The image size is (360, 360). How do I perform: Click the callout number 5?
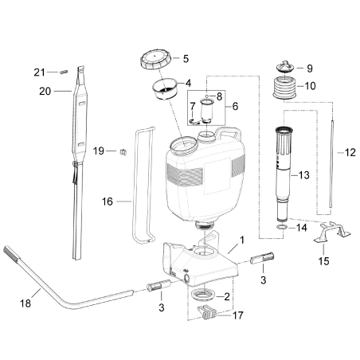click(186, 58)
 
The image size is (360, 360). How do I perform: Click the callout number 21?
click(38, 72)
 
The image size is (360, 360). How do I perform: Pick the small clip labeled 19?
click(124, 151)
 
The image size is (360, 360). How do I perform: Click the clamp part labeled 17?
click(209, 315)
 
